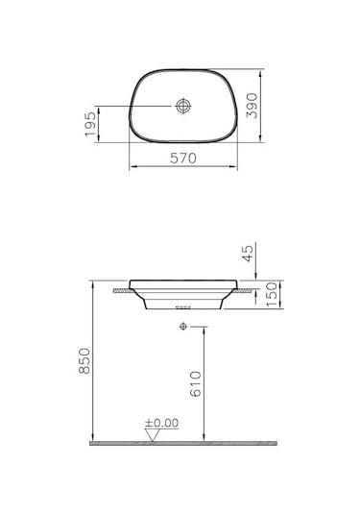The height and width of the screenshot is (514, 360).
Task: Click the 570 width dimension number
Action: click(x=182, y=159)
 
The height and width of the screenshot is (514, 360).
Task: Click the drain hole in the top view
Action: click(x=182, y=106)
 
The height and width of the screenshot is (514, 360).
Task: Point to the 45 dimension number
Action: click(x=249, y=255)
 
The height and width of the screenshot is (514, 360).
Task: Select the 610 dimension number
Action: click(x=197, y=384)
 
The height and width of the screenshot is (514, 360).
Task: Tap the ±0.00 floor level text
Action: click(x=162, y=423)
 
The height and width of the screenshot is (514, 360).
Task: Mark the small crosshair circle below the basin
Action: click(x=182, y=328)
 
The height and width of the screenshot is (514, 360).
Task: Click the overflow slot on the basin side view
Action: click(x=182, y=308)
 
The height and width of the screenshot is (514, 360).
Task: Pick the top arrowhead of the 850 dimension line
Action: click(x=91, y=283)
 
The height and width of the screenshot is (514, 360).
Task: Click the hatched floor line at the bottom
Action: click(x=182, y=444)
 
